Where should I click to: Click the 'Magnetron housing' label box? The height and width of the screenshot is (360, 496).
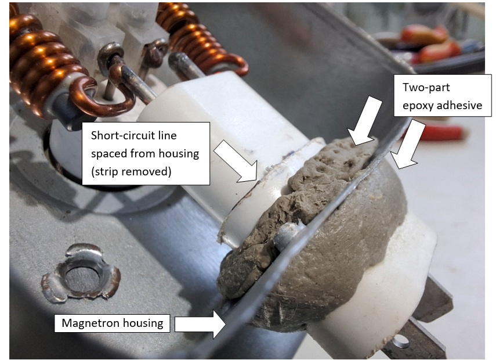pyautogui.click(x=112, y=323)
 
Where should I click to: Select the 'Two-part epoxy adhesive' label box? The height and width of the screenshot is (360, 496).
pyautogui.click(x=443, y=96)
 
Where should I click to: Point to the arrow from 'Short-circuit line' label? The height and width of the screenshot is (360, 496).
pyautogui.click(x=236, y=161)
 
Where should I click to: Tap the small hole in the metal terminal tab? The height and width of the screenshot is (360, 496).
pyautogui.click(x=401, y=341)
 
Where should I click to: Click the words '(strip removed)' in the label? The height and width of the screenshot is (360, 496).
pyautogui.click(x=131, y=172)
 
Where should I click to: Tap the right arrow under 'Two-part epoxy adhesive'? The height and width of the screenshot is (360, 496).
pyautogui.click(x=407, y=144)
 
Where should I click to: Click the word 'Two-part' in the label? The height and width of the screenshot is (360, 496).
pyautogui.click(x=426, y=88)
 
